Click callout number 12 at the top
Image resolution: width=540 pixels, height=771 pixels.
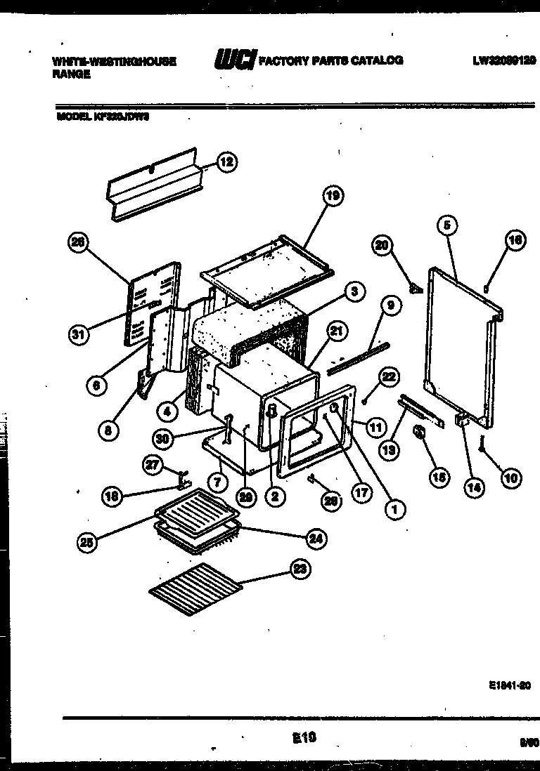(226, 163)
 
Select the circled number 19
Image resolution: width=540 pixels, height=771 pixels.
(333, 197)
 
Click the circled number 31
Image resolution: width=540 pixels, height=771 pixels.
(79, 334)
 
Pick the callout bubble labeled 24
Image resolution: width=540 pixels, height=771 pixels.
(316, 538)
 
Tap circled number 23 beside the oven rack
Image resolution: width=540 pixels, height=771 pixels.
(300, 570)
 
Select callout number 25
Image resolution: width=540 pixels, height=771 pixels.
(86, 541)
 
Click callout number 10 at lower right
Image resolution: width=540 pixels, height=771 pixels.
(510, 478)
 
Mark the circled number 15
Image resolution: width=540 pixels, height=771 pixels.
(439, 477)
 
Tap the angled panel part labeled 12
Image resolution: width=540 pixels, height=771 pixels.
(155, 184)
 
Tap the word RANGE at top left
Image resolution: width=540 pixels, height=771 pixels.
(71, 74)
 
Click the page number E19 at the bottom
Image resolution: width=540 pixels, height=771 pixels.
(303, 738)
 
